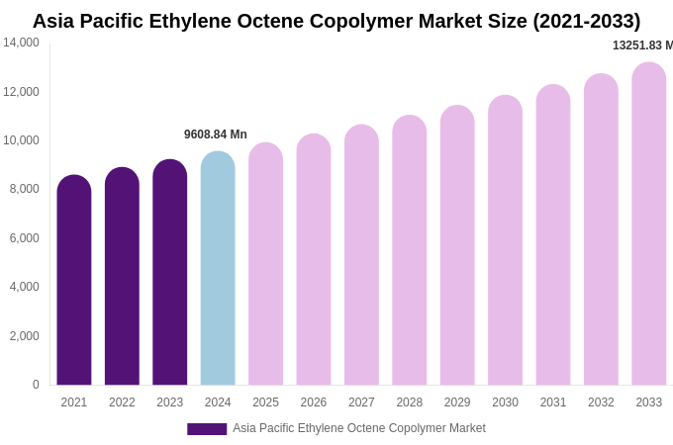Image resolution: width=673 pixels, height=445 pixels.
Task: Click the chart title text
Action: [336, 21]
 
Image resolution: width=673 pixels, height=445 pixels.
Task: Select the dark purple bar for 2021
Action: [74, 282]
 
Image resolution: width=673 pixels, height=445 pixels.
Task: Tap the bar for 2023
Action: [170, 274]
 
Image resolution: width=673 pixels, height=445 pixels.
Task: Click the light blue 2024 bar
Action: [218, 270]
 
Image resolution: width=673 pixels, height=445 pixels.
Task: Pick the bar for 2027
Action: [361, 256]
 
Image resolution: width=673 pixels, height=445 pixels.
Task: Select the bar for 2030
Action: [505, 241]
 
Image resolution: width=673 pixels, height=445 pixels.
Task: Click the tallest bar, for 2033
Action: [649, 225]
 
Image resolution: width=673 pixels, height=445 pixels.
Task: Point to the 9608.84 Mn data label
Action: [216, 134]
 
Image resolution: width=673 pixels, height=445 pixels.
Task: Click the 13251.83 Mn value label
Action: [642, 45]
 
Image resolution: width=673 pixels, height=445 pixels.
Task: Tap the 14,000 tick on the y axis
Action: [21, 43]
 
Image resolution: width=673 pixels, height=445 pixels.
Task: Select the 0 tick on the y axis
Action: [36, 385]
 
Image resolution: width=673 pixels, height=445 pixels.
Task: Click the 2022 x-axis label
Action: [122, 402]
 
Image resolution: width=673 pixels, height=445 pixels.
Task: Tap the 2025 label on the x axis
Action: [265, 402]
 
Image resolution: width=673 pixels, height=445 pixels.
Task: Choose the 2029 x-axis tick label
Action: [457, 402]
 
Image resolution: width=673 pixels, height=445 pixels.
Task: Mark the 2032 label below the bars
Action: [601, 402]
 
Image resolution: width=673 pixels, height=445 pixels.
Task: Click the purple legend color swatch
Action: [207, 429]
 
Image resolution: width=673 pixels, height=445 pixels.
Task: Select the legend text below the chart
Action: [359, 428]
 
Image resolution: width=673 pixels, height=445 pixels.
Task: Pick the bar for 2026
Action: [314, 261]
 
